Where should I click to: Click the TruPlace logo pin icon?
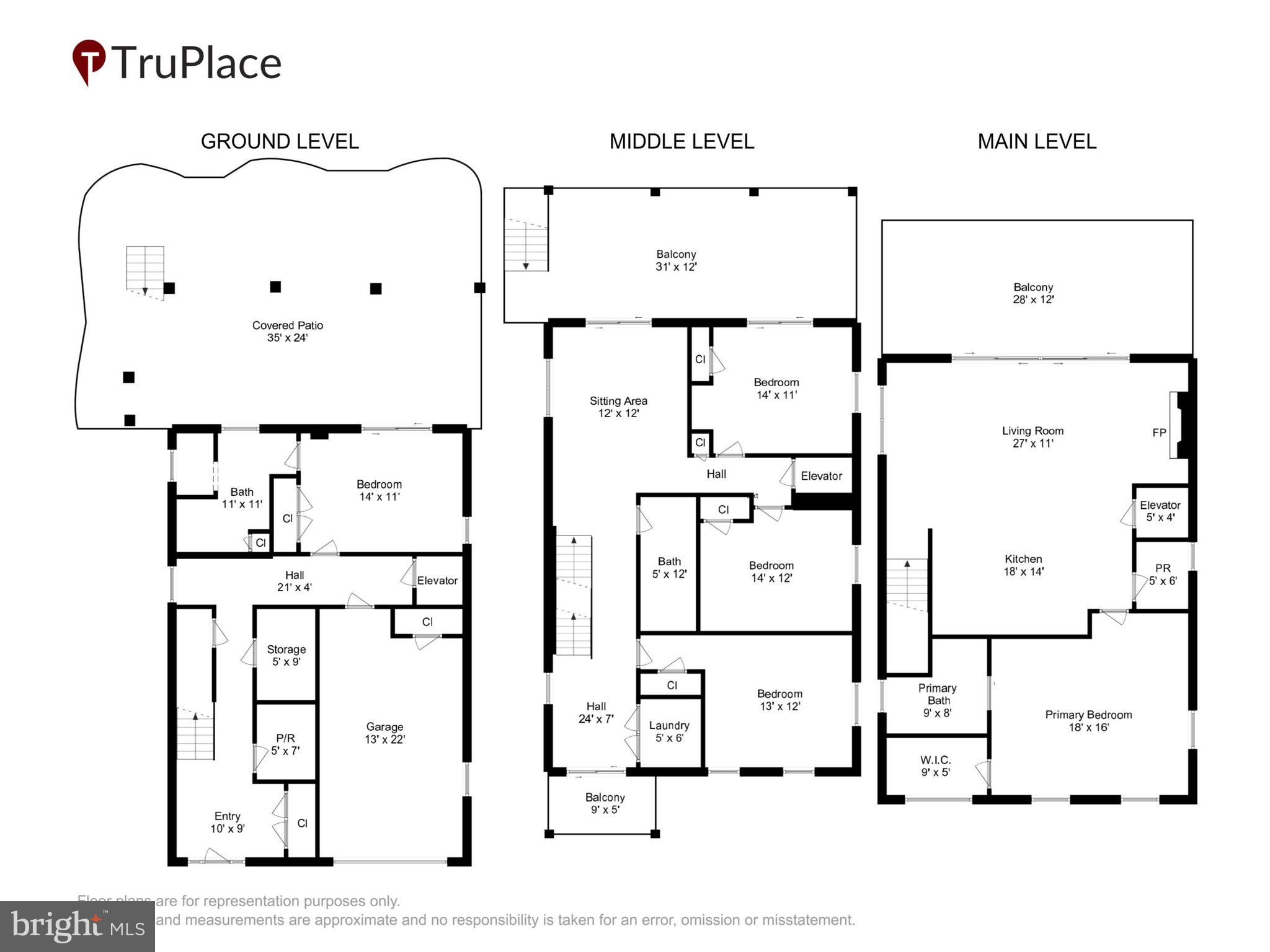pyautogui.click(x=88, y=61)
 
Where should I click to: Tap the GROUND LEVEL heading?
pyautogui.click(x=280, y=141)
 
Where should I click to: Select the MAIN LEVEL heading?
pyautogui.click(x=1037, y=141)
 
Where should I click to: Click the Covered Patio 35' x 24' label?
pyautogui.click(x=287, y=332)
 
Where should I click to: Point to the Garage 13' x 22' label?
pyautogui.click(x=384, y=733)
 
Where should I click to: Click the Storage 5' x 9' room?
pyautogui.click(x=286, y=655)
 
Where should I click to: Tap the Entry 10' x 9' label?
pyautogui.click(x=227, y=822)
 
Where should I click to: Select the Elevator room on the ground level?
pyautogui.click(x=437, y=581)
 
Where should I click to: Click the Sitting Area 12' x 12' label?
pyautogui.click(x=618, y=407)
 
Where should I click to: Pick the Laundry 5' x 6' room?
pyautogui.click(x=669, y=731)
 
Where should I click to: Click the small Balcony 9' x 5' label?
pyautogui.click(x=605, y=803)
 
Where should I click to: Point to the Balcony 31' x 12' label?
pyautogui.click(x=676, y=260)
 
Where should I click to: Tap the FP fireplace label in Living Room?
pyautogui.click(x=1159, y=433)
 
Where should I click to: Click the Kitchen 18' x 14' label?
pyautogui.click(x=1023, y=565)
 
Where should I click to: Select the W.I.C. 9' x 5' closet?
pyautogui.click(x=935, y=765)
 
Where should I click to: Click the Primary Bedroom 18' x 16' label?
pyautogui.click(x=1088, y=720)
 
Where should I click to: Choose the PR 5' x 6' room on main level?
pyautogui.click(x=1163, y=575)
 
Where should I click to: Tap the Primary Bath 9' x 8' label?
pyautogui.click(x=937, y=700)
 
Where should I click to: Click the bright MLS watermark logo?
pyautogui.click(x=78, y=926)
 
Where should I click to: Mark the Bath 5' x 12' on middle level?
pyautogui.click(x=669, y=567)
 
